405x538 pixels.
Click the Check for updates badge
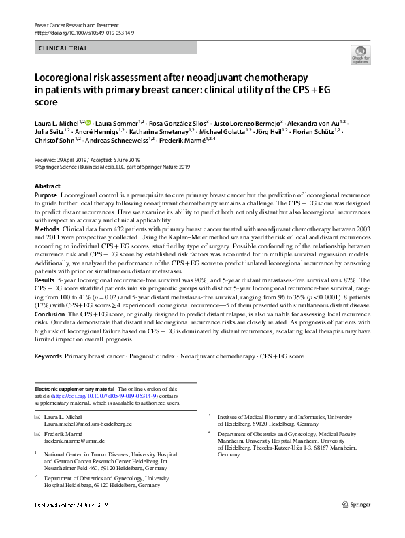[x=359, y=54]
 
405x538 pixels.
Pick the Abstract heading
[x=47, y=186]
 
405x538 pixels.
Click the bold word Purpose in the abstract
[x=46, y=195]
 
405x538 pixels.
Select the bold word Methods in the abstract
[x=47, y=230]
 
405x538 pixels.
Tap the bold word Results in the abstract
[x=46, y=279]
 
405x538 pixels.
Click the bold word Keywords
[x=48, y=356]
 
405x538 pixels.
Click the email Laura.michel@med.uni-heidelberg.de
[x=88, y=424]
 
